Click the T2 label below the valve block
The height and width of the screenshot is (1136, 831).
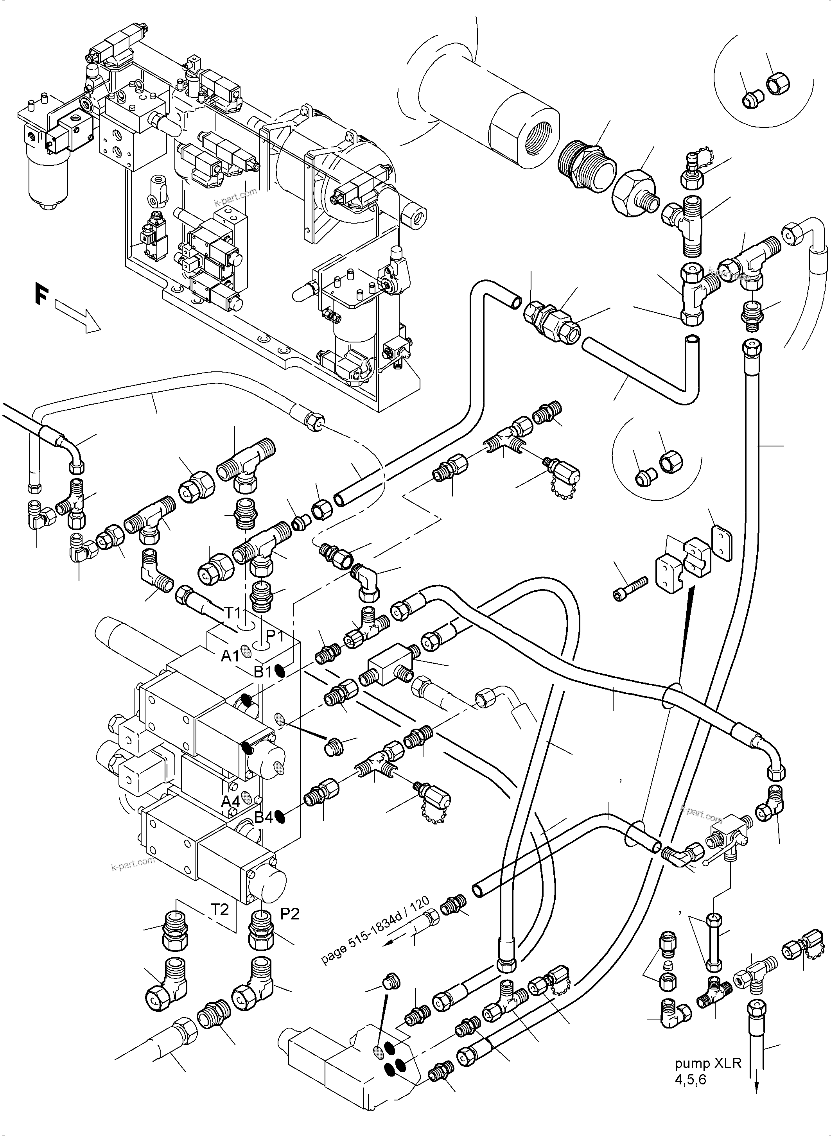coord(220,909)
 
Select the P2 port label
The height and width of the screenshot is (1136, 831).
coord(290,914)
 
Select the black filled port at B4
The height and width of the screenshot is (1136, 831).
coord(281,818)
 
